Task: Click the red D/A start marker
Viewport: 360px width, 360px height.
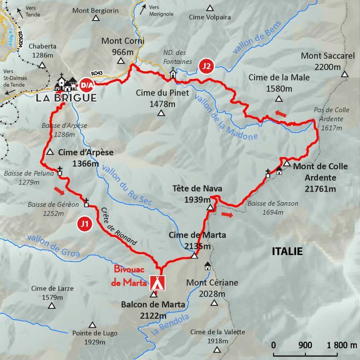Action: tap(86, 84)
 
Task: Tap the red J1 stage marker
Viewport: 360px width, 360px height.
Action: tap(84, 224)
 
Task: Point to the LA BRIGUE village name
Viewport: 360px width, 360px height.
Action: tap(66, 98)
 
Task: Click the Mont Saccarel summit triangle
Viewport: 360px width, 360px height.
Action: tap(345, 74)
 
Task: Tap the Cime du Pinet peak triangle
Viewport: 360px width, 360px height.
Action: tap(161, 114)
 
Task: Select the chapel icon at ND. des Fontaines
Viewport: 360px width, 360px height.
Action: tap(173, 73)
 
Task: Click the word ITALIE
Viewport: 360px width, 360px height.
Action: tap(287, 252)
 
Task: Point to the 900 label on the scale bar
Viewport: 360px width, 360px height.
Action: tap(305, 345)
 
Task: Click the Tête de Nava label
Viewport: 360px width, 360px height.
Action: tap(197, 189)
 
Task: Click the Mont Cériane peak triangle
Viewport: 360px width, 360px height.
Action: tap(214, 303)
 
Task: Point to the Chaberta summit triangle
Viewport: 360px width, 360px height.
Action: tap(42, 66)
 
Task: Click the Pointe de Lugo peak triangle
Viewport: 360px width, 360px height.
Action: tap(92, 325)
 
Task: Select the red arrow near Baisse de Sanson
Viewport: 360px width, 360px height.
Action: tap(227, 214)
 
